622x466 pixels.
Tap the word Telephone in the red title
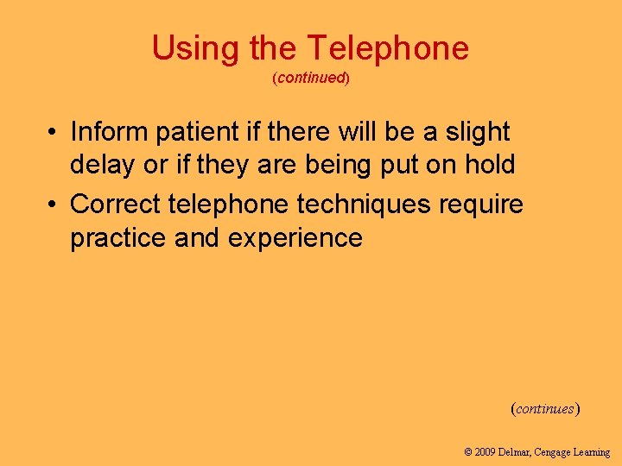(388, 48)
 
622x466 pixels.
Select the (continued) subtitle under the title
(310, 79)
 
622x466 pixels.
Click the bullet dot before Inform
(53, 133)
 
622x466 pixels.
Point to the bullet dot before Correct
(53, 205)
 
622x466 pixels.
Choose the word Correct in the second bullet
(115, 205)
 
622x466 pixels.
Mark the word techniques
(364, 205)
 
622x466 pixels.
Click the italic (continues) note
(545, 408)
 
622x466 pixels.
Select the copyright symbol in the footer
(468, 452)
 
